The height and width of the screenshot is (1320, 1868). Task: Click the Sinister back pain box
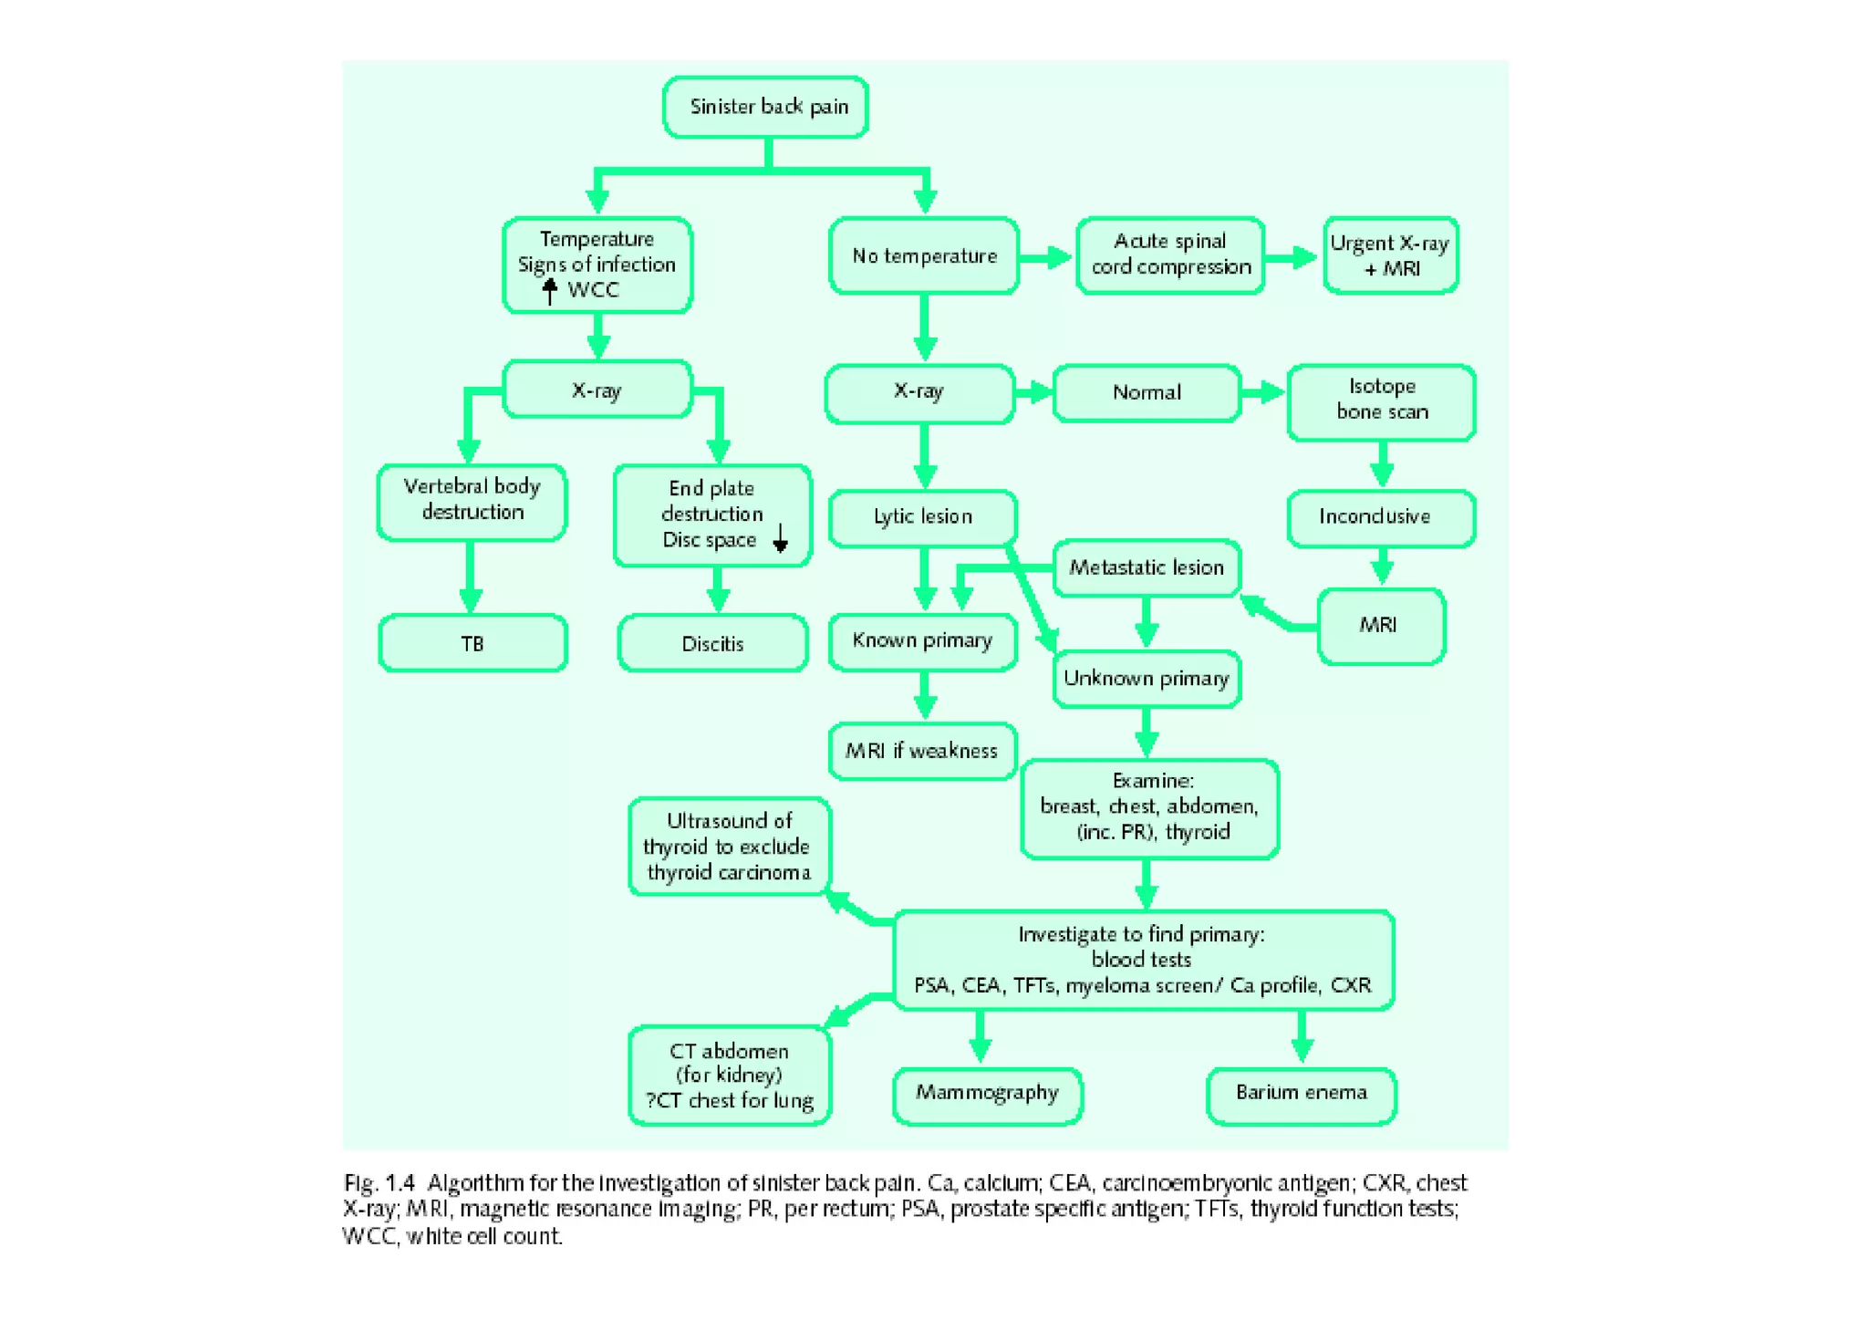[x=765, y=108]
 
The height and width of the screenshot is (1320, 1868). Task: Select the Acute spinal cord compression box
[x=1170, y=255]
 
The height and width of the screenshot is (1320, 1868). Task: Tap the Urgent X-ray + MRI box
[x=1390, y=255]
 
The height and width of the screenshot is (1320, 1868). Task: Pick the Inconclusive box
[x=1381, y=517]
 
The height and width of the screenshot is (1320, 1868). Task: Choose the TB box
[x=472, y=644]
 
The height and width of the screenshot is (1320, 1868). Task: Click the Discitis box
[x=712, y=644]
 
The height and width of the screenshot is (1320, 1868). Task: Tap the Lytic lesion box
[x=922, y=517]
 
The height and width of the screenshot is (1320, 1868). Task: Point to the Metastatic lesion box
[x=1146, y=568]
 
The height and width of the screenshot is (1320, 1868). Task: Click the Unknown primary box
[x=1146, y=679]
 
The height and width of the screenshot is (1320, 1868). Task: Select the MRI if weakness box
[x=922, y=751]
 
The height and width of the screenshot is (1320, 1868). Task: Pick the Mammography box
[x=987, y=1095]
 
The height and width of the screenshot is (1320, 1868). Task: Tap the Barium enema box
[x=1301, y=1095]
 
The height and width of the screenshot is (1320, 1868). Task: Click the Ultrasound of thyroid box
[x=729, y=847]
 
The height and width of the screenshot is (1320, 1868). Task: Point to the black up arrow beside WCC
[x=549, y=291]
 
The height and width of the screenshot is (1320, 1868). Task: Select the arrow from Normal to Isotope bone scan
[x=1263, y=393]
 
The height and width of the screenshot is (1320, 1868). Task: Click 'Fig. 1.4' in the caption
[x=379, y=1184]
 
